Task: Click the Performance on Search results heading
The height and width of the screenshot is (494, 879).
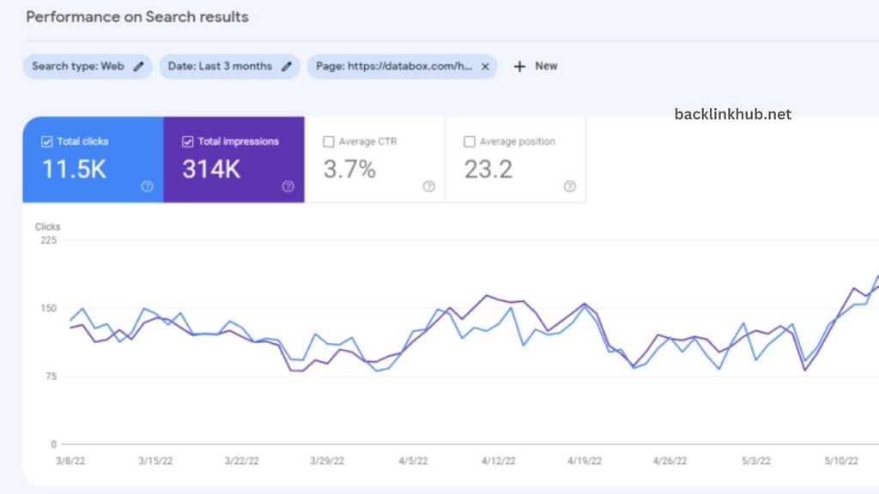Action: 136,17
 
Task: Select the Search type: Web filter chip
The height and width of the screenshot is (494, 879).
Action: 78,66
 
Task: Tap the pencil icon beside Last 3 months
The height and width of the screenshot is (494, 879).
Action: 286,66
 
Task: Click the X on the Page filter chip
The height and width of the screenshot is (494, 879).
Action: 485,66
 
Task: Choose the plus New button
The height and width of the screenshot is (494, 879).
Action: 536,66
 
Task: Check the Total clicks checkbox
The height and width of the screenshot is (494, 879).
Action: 46,142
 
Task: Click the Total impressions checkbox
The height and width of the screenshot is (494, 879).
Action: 187,142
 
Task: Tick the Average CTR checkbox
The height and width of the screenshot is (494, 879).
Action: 328,142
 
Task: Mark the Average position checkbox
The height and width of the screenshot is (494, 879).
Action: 469,142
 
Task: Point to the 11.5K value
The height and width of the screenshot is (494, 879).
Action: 74,170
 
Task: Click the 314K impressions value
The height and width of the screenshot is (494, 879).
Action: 211,170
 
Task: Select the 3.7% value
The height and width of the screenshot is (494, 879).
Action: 349,170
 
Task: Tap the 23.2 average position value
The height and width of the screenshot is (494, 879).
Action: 488,170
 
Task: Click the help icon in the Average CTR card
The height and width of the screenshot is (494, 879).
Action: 428,186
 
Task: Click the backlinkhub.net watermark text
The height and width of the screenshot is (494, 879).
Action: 733,114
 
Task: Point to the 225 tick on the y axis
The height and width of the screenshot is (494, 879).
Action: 48,240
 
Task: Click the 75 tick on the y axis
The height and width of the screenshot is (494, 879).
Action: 52,377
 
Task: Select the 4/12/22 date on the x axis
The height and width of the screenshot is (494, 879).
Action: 498,461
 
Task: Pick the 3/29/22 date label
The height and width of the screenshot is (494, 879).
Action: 327,461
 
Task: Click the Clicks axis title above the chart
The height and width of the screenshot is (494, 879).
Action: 48,226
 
